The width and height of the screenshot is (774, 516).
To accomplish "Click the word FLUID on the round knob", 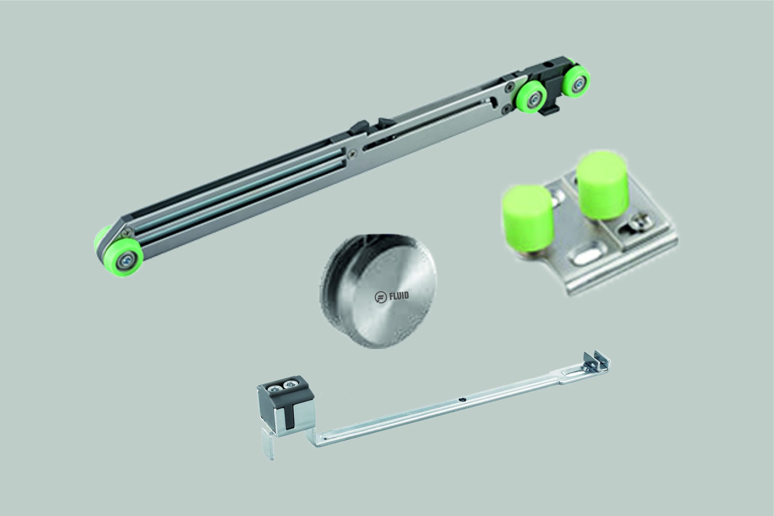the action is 399,296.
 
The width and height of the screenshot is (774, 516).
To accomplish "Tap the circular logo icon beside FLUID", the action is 381,297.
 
